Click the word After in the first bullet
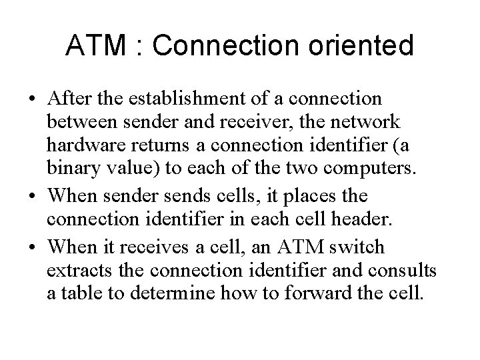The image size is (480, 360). [x=70, y=99]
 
